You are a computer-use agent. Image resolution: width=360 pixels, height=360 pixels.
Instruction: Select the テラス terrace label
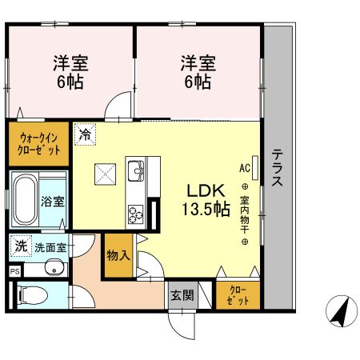click(276, 168)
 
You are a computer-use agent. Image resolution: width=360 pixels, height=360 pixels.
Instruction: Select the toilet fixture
click(30, 294)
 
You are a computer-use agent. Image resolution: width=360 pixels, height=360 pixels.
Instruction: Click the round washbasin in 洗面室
click(54, 268)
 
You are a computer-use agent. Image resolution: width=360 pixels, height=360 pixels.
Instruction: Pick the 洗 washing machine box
click(20, 246)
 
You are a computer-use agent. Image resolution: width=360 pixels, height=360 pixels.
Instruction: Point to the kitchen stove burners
click(134, 213)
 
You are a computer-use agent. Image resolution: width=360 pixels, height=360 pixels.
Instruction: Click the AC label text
click(244, 168)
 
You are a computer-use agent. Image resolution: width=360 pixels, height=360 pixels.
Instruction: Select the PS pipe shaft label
click(14, 272)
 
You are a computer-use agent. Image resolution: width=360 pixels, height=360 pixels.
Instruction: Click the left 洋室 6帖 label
click(70, 72)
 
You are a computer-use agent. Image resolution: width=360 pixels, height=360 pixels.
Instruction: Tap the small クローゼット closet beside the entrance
click(238, 295)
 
